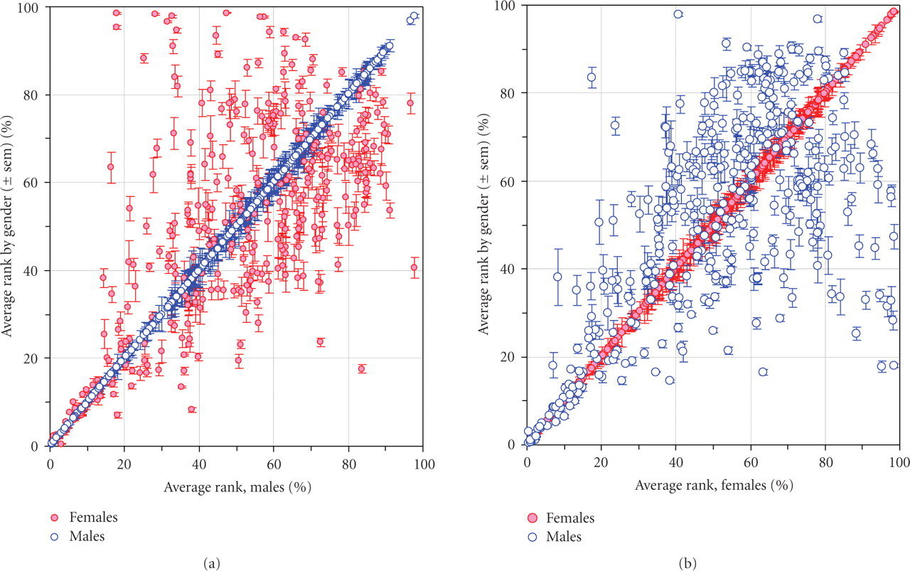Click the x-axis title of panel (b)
714,486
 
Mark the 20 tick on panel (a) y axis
33,358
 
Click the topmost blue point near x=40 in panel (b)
678,14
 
